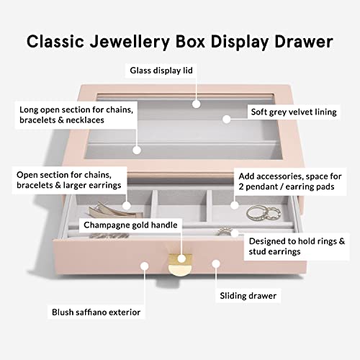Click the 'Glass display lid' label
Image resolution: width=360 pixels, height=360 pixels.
tap(161, 71)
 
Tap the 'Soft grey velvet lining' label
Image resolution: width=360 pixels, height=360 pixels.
tap(294, 112)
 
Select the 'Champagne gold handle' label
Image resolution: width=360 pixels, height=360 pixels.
tap(130, 225)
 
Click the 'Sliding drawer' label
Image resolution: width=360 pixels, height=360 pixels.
tap(248, 296)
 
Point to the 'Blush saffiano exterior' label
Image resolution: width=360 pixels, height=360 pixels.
tap(96, 312)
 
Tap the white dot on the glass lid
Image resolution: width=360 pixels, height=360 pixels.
tap(197, 104)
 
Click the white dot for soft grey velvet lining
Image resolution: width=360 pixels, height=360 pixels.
tap(226, 119)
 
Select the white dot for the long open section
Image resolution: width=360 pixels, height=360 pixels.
tap(137, 150)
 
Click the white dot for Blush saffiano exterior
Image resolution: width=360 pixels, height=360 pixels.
tap(145, 266)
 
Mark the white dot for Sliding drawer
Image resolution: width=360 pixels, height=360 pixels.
tap(216, 264)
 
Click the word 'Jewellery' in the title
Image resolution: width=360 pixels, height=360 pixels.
tap(130, 42)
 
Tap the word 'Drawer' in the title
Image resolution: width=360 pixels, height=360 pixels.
tap(304, 41)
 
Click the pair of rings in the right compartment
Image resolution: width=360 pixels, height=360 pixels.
tap(264, 213)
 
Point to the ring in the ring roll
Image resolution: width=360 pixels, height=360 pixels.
tap(225, 231)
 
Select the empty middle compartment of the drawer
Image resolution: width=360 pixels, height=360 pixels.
tap(182, 207)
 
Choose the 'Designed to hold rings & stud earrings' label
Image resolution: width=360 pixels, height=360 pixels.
tap(297, 246)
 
